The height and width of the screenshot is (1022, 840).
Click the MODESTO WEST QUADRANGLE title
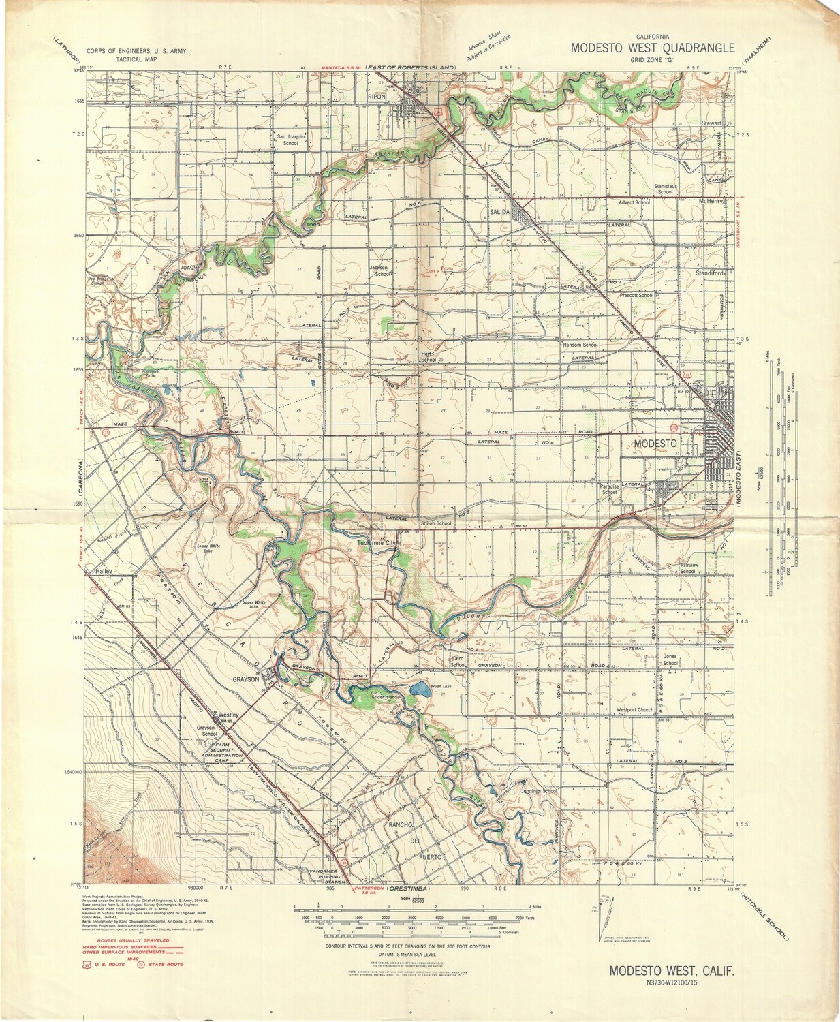click(653, 48)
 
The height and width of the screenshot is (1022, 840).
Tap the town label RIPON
click(377, 97)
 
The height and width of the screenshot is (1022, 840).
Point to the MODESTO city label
click(655, 443)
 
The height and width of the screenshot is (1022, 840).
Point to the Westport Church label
click(634, 709)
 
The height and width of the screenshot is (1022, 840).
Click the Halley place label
click(104, 571)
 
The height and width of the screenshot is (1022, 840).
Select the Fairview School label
click(688, 568)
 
